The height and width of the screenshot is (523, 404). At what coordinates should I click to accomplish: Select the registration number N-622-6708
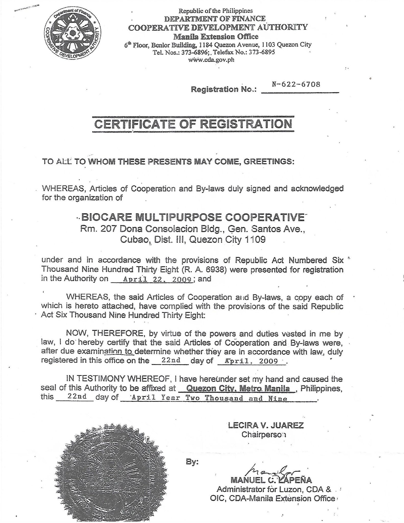click(296, 84)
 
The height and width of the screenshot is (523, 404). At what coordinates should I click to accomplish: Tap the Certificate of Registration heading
click(193, 124)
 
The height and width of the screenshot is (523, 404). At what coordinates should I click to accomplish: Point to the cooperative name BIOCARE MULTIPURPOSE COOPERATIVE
click(193, 217)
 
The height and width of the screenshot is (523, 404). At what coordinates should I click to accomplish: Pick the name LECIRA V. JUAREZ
click(266, 425)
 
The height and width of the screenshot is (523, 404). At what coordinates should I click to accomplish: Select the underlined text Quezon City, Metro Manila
click(238, 388)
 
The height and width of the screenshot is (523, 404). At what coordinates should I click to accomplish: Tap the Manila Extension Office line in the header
click(216, 37)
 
